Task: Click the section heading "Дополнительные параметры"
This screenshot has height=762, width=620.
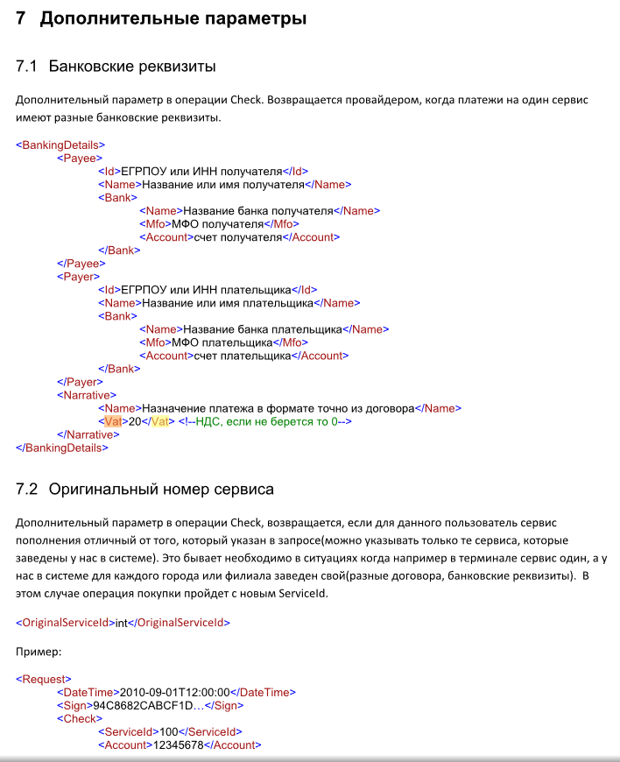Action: (173, 18)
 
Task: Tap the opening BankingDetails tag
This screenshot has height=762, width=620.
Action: (60, 145)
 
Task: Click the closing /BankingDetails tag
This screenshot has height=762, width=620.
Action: (62, 448)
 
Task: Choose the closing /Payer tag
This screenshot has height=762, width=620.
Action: (81, 382)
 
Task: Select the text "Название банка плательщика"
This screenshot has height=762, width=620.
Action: (258, 329)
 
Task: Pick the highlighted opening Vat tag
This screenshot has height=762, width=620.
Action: (112, 421)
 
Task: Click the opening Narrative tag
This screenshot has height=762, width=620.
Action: (85, 395)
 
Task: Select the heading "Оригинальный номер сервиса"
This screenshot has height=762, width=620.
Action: (161, 489)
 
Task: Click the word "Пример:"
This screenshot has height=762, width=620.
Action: (38, 653)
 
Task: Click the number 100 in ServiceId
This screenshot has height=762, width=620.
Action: (169, 732)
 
